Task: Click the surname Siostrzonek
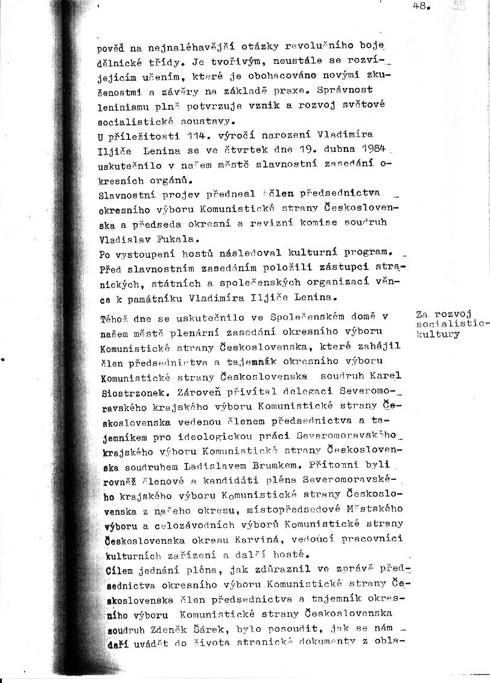tap(126, 391)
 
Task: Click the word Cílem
tap(113, 568)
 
